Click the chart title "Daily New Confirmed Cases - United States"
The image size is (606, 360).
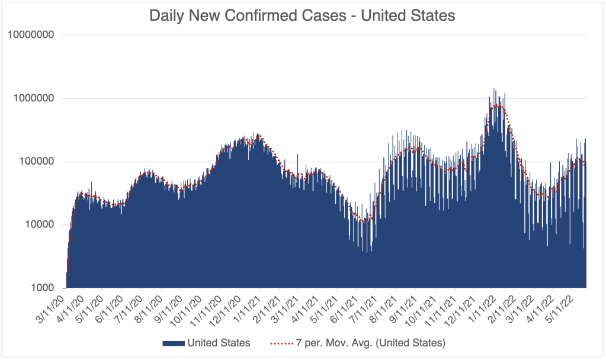(x=302, y=15)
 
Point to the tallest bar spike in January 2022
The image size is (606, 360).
(x=494, y=89)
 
